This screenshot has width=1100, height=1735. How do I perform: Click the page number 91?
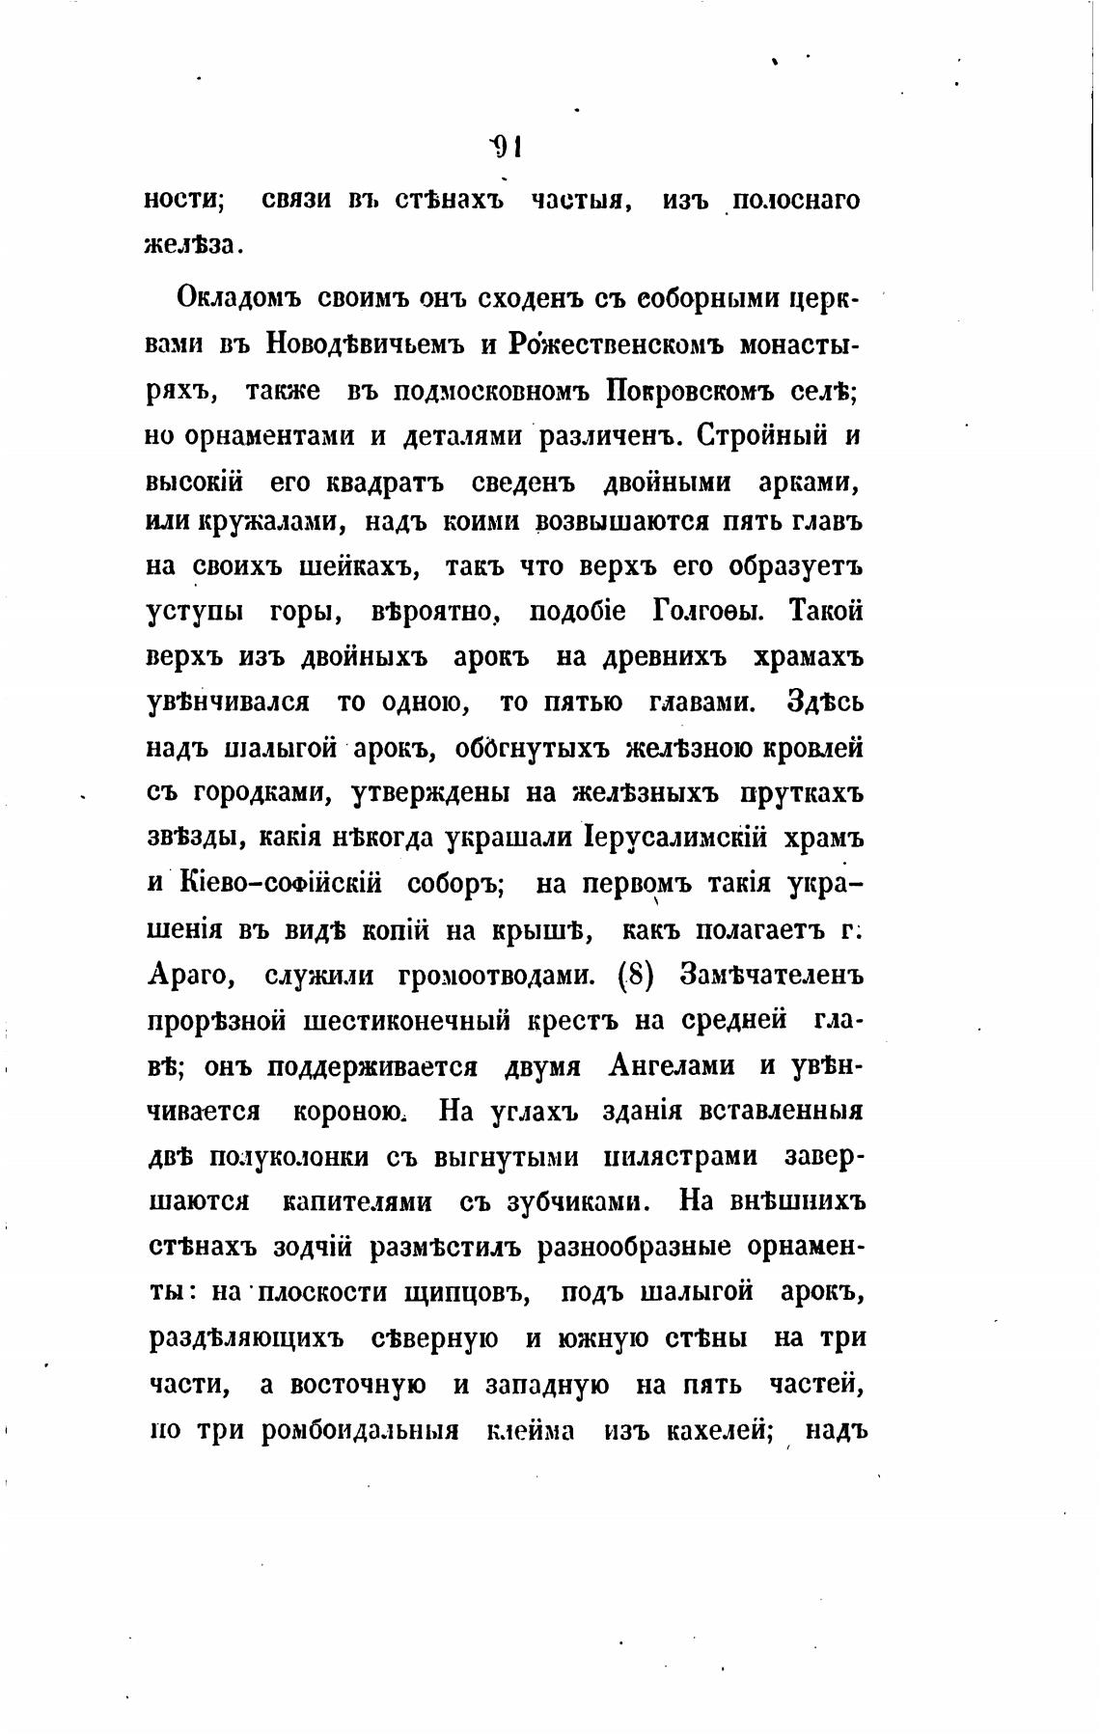tap(507, 147)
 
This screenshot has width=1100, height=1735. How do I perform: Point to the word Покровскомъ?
tap(687, 390)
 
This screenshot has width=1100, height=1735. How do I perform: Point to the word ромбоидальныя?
tap(358, 1431)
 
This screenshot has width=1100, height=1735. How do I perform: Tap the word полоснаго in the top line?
tap(794, 202)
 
